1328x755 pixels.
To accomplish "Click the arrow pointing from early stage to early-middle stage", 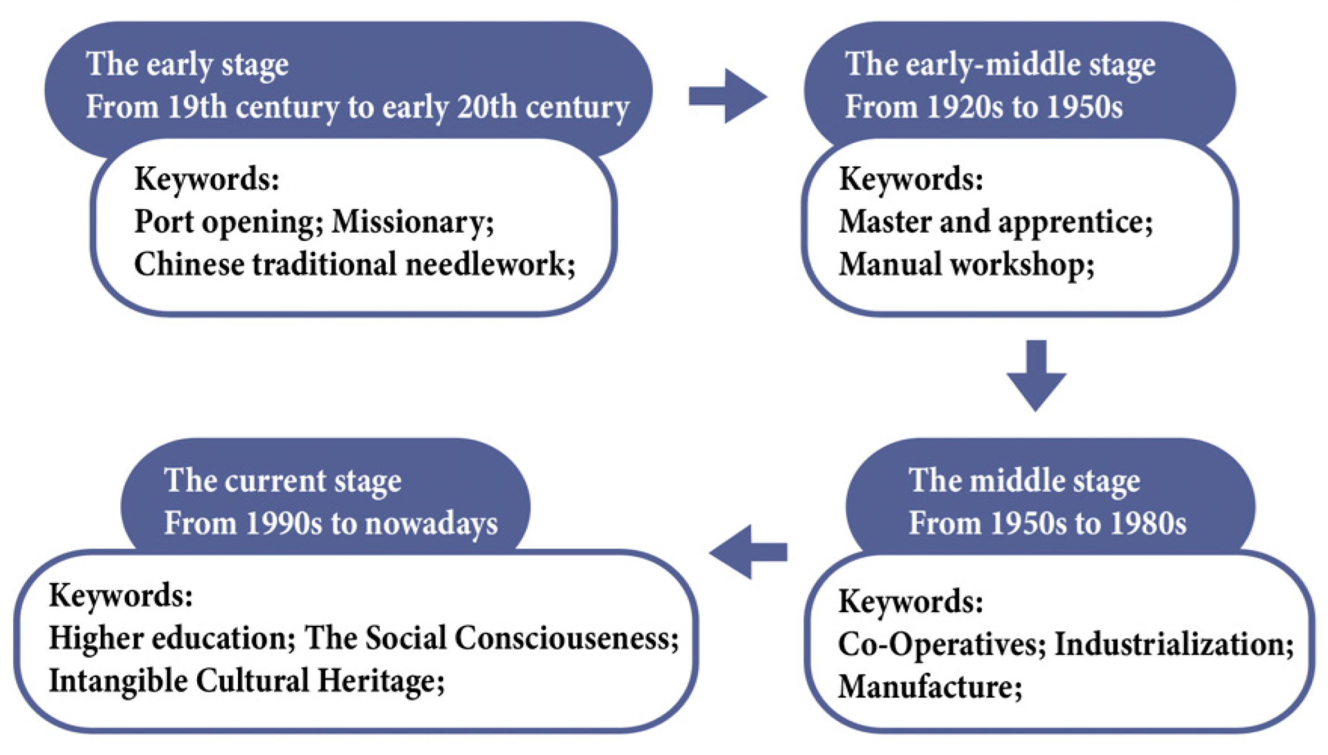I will pyautogui.click(x=727, y=96).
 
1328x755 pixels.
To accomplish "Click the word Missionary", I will pyautogui.click(x=412, y=222).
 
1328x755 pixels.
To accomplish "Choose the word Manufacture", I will pyautogui.click(x=930, y=687).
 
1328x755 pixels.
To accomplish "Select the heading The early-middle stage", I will pyautogui.click(x=1000, y=63).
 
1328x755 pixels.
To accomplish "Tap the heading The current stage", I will pyautogui.click(x=283, y=481).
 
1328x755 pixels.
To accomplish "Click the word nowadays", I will pyautogui.click(x=431, y=523).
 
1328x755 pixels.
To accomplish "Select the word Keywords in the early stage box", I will pyautogui.click(x=207, y=179).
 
